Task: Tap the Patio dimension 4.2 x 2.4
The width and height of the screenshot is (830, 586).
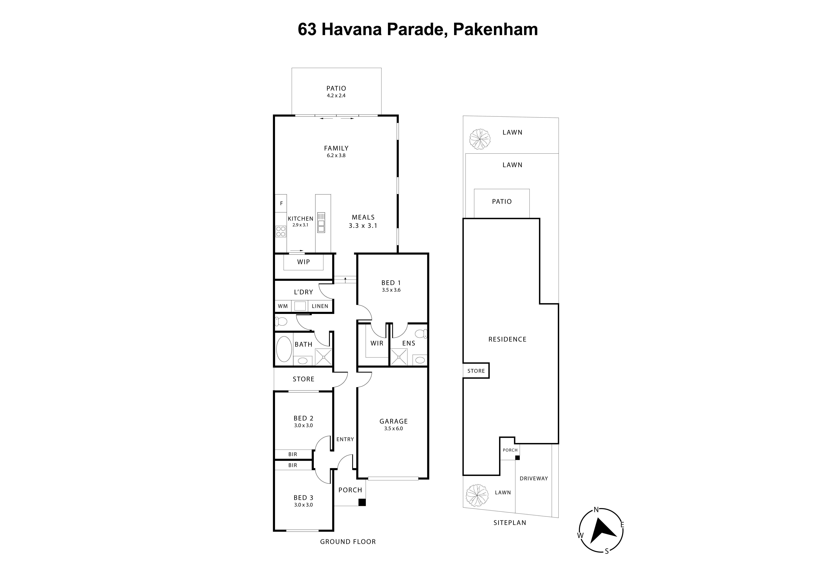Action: [x=336, y=96]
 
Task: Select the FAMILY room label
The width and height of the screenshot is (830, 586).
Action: [x=336, y=148]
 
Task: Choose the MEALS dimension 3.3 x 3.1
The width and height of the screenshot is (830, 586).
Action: [x=363, y=226]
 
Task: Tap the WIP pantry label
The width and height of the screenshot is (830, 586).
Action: [x=303, y=262]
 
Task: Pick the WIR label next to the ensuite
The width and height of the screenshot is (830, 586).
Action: [x=377, y=343]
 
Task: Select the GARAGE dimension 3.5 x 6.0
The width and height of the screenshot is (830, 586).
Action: [x=393, y=429]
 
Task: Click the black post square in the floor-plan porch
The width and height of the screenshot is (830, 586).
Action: [x=362, y=502]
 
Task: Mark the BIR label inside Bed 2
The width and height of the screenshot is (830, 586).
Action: [x=293, y=454]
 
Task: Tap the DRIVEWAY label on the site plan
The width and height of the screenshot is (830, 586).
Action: [x=534, y=478]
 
